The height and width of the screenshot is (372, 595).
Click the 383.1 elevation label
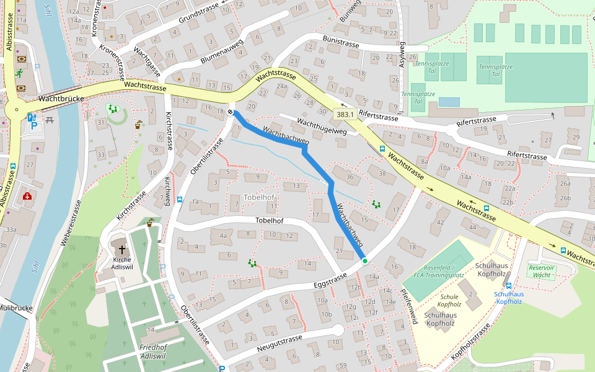(345, 114)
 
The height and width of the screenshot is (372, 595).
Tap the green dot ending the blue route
(365, 261)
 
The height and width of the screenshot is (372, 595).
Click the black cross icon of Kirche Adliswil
(122, 249)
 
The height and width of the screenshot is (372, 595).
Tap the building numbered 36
(350, 177)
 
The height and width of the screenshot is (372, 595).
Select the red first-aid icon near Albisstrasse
(27, 196)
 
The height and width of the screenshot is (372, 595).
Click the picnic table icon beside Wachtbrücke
(50, 119)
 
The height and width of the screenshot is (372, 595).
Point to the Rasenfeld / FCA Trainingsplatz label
(439, 271)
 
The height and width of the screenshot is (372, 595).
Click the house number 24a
(283, 86)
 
